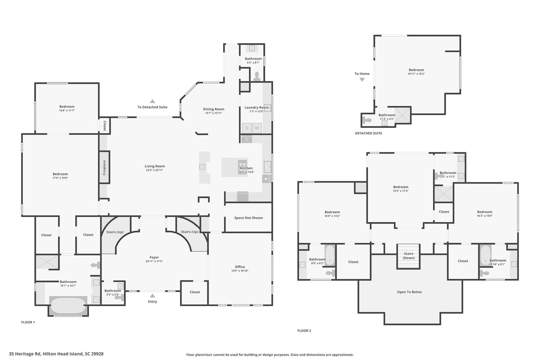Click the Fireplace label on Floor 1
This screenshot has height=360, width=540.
104,167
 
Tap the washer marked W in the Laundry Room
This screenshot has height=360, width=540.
257,128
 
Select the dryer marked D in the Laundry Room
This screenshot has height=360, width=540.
247,128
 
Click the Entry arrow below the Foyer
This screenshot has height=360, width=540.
152,296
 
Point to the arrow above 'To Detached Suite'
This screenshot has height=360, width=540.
152,101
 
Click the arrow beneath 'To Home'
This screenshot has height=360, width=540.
362,80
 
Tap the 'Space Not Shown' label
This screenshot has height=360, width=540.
248,218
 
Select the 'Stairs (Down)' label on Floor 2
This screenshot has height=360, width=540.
409,256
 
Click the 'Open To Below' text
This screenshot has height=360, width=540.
409,292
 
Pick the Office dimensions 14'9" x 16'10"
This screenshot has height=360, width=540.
240,271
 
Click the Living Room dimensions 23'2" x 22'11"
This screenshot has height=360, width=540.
154,170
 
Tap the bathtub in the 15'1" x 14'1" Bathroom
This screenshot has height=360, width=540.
68,306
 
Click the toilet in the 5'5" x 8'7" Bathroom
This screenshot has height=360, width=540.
257,76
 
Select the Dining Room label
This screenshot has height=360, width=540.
213,109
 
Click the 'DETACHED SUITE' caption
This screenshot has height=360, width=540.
368,133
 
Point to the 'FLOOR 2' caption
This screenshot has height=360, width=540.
304,330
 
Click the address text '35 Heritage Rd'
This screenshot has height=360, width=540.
24,354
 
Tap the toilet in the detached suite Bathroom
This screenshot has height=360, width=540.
367,120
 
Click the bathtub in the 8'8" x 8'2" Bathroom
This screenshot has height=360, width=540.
330,255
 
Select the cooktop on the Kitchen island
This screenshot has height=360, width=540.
243,165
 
